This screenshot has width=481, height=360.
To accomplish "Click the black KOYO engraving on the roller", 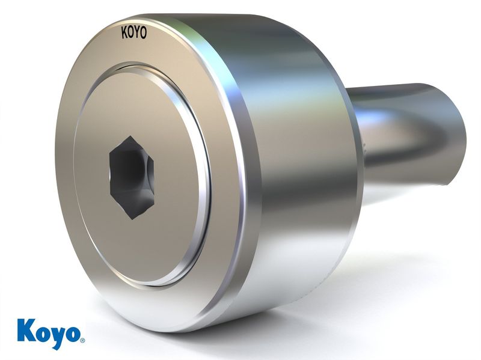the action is (x=134, y=33).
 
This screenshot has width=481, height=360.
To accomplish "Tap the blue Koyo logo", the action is (x=51, y=334).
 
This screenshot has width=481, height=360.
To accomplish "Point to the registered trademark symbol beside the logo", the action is (x=82, y=340).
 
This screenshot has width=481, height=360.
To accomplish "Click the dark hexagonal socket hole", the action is (x=132, y=178).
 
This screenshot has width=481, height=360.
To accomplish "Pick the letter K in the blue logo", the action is (x=27, y=331).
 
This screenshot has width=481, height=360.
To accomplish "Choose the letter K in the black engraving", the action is (x=124, y=33).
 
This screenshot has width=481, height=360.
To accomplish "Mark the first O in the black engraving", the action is (x=130, y=33).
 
